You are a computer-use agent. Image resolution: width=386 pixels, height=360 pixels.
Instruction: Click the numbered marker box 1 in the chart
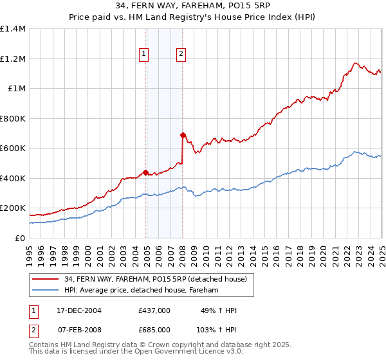[x=143, y=54]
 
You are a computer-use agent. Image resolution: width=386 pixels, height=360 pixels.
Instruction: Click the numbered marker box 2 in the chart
[x=181, y=54]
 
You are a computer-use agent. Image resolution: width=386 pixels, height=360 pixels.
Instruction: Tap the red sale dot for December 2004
[x=146, y=172]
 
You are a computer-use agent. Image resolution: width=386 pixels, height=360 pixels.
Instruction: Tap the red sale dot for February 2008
[x=183, y=135]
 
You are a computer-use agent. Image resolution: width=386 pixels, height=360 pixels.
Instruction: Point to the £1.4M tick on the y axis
[x=13, y=29]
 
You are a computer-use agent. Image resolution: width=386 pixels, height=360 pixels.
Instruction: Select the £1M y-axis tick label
[x=17, y=89]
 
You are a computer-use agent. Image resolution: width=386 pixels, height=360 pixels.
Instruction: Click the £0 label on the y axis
[x=21, y=238]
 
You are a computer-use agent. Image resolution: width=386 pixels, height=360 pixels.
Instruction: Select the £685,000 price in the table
[x=154, y=329]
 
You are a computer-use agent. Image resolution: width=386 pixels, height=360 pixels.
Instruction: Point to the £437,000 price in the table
[x=154, y=310]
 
